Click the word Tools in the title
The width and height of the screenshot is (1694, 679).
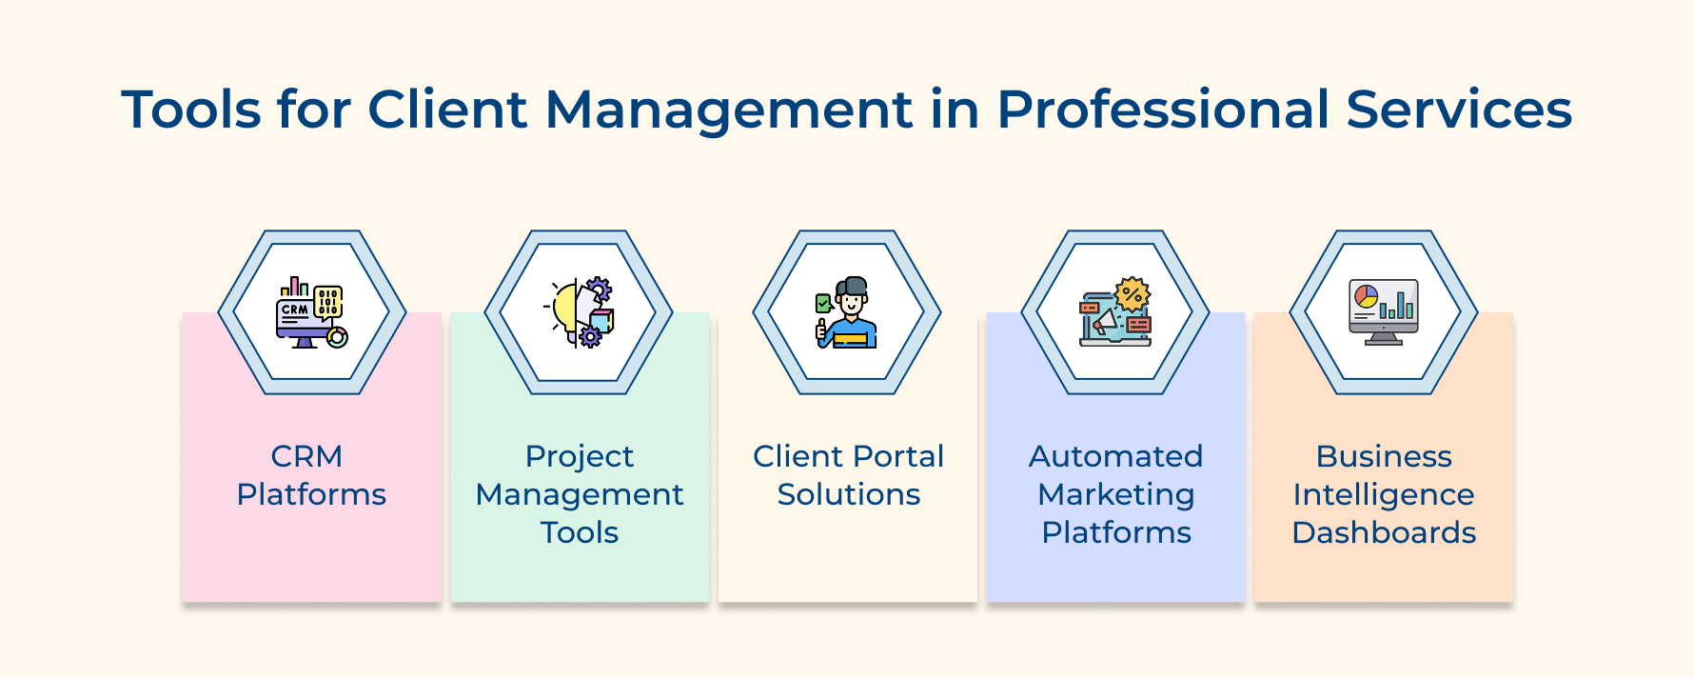click(190, 110)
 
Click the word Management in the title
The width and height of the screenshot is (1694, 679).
click(729, 110)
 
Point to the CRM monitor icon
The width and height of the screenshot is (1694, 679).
click(311, 312)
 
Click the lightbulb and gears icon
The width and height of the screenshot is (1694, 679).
click(579, 312)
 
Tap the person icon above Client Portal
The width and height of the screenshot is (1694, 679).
click(846, 312)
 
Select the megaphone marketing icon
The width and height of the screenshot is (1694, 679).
click(1115, 312)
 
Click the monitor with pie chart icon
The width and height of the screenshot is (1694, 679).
click(1383, 312)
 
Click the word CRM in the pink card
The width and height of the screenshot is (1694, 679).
click(306, 456)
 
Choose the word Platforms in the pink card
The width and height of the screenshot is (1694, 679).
click(311, 494)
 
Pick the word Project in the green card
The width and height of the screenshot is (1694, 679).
click(579, 456)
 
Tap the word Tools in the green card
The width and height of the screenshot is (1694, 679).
click(579, 532)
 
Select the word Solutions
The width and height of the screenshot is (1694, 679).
click(848, 494)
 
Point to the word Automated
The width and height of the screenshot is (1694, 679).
click(1115, 456)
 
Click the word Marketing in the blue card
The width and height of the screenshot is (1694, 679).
click(1115, 494)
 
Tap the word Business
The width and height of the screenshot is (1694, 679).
click(1384, 456)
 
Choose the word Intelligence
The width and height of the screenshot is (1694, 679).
click(1383, 494)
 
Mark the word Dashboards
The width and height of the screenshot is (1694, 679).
click(1384, 532)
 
